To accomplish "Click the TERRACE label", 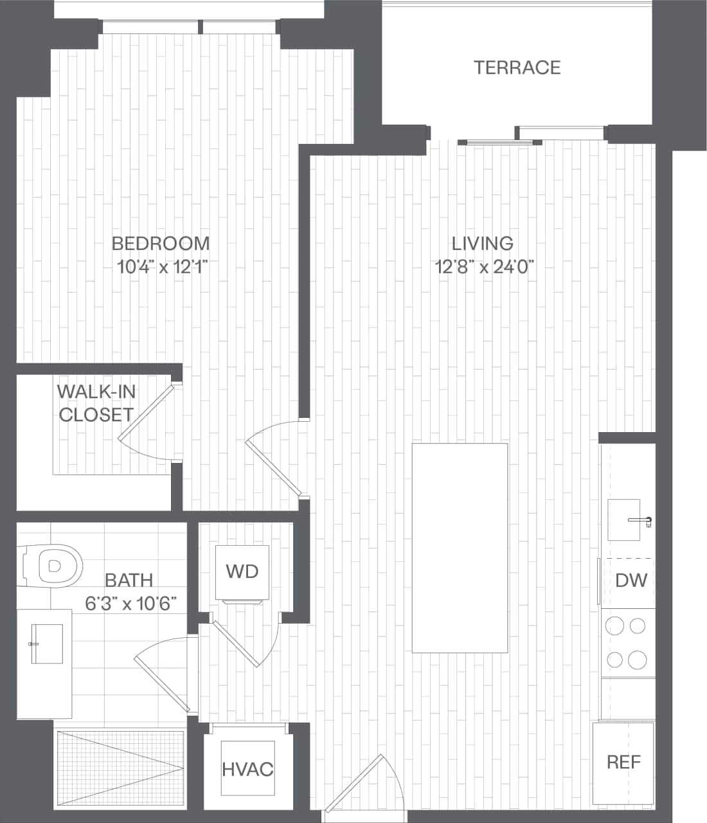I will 517,68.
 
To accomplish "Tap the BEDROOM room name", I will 161,244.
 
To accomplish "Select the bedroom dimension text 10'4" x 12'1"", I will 163,266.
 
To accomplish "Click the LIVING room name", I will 483,244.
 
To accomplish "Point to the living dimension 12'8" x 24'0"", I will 485,266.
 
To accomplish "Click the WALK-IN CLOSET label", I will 96,403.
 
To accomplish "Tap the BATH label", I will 129,580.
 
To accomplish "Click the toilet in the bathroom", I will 51,566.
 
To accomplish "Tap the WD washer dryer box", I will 242,571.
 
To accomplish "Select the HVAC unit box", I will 247,768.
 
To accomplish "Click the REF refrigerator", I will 623,763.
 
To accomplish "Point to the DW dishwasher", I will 630,581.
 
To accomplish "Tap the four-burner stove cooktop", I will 627,642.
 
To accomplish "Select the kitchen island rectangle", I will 460,548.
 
